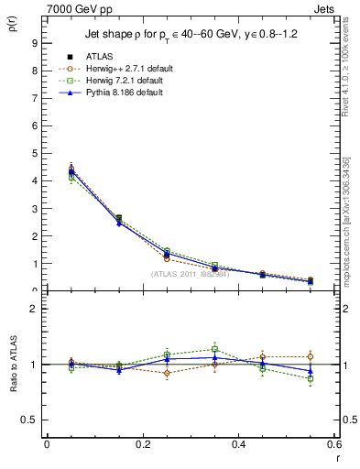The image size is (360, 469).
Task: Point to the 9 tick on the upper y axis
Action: (x=33, y=42)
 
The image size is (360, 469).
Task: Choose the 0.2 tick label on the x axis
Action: (x=142, y=446)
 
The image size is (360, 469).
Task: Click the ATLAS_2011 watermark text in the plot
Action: (x=191, y=274)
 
